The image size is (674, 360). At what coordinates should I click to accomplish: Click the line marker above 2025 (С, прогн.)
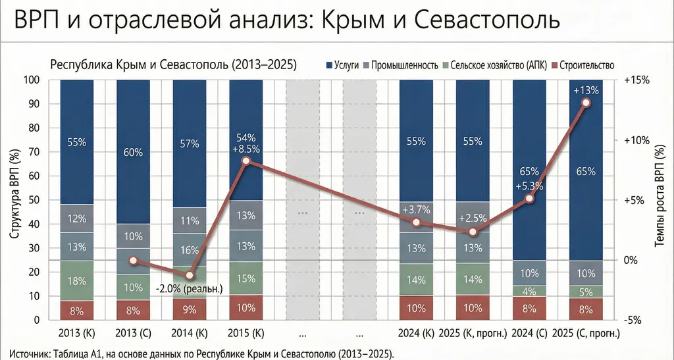[x=586, y=103]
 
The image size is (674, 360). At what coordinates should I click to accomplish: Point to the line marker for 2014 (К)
[x=190, y=275]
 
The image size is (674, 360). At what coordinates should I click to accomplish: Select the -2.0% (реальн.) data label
[x=190, y=288]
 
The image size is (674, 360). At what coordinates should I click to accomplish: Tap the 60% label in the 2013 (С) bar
[x=133, y=153]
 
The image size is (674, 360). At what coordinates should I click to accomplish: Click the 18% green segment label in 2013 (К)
[x=76, y=281]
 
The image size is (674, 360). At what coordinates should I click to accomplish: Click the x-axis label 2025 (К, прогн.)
[x=473, y=334]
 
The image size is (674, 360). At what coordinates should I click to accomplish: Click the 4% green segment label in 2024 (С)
[x=529, y=291]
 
